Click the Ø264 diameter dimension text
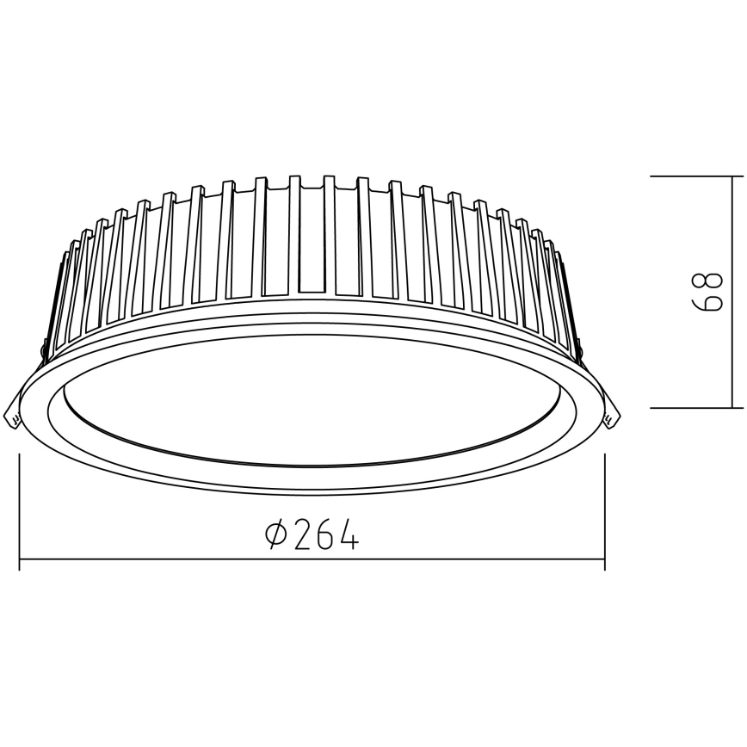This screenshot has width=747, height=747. [x=312, y=535]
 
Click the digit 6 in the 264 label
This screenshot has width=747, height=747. [x=324, y=535]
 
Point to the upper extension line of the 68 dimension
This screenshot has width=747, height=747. [x=688, y=176]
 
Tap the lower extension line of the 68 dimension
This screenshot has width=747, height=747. [x=688, y=406]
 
